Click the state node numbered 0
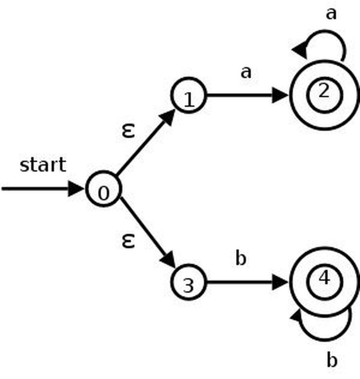point(103,189)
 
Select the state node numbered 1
point(188,96)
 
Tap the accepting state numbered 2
point(324,95)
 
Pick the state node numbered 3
point(188,283)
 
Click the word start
point(43,165)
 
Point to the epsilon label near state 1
point(128,130)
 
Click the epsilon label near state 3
point(128,241)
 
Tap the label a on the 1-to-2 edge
point(246,72)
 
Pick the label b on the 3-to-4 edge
point(241,259)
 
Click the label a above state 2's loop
point(331,14)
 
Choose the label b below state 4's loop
point(331,360)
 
